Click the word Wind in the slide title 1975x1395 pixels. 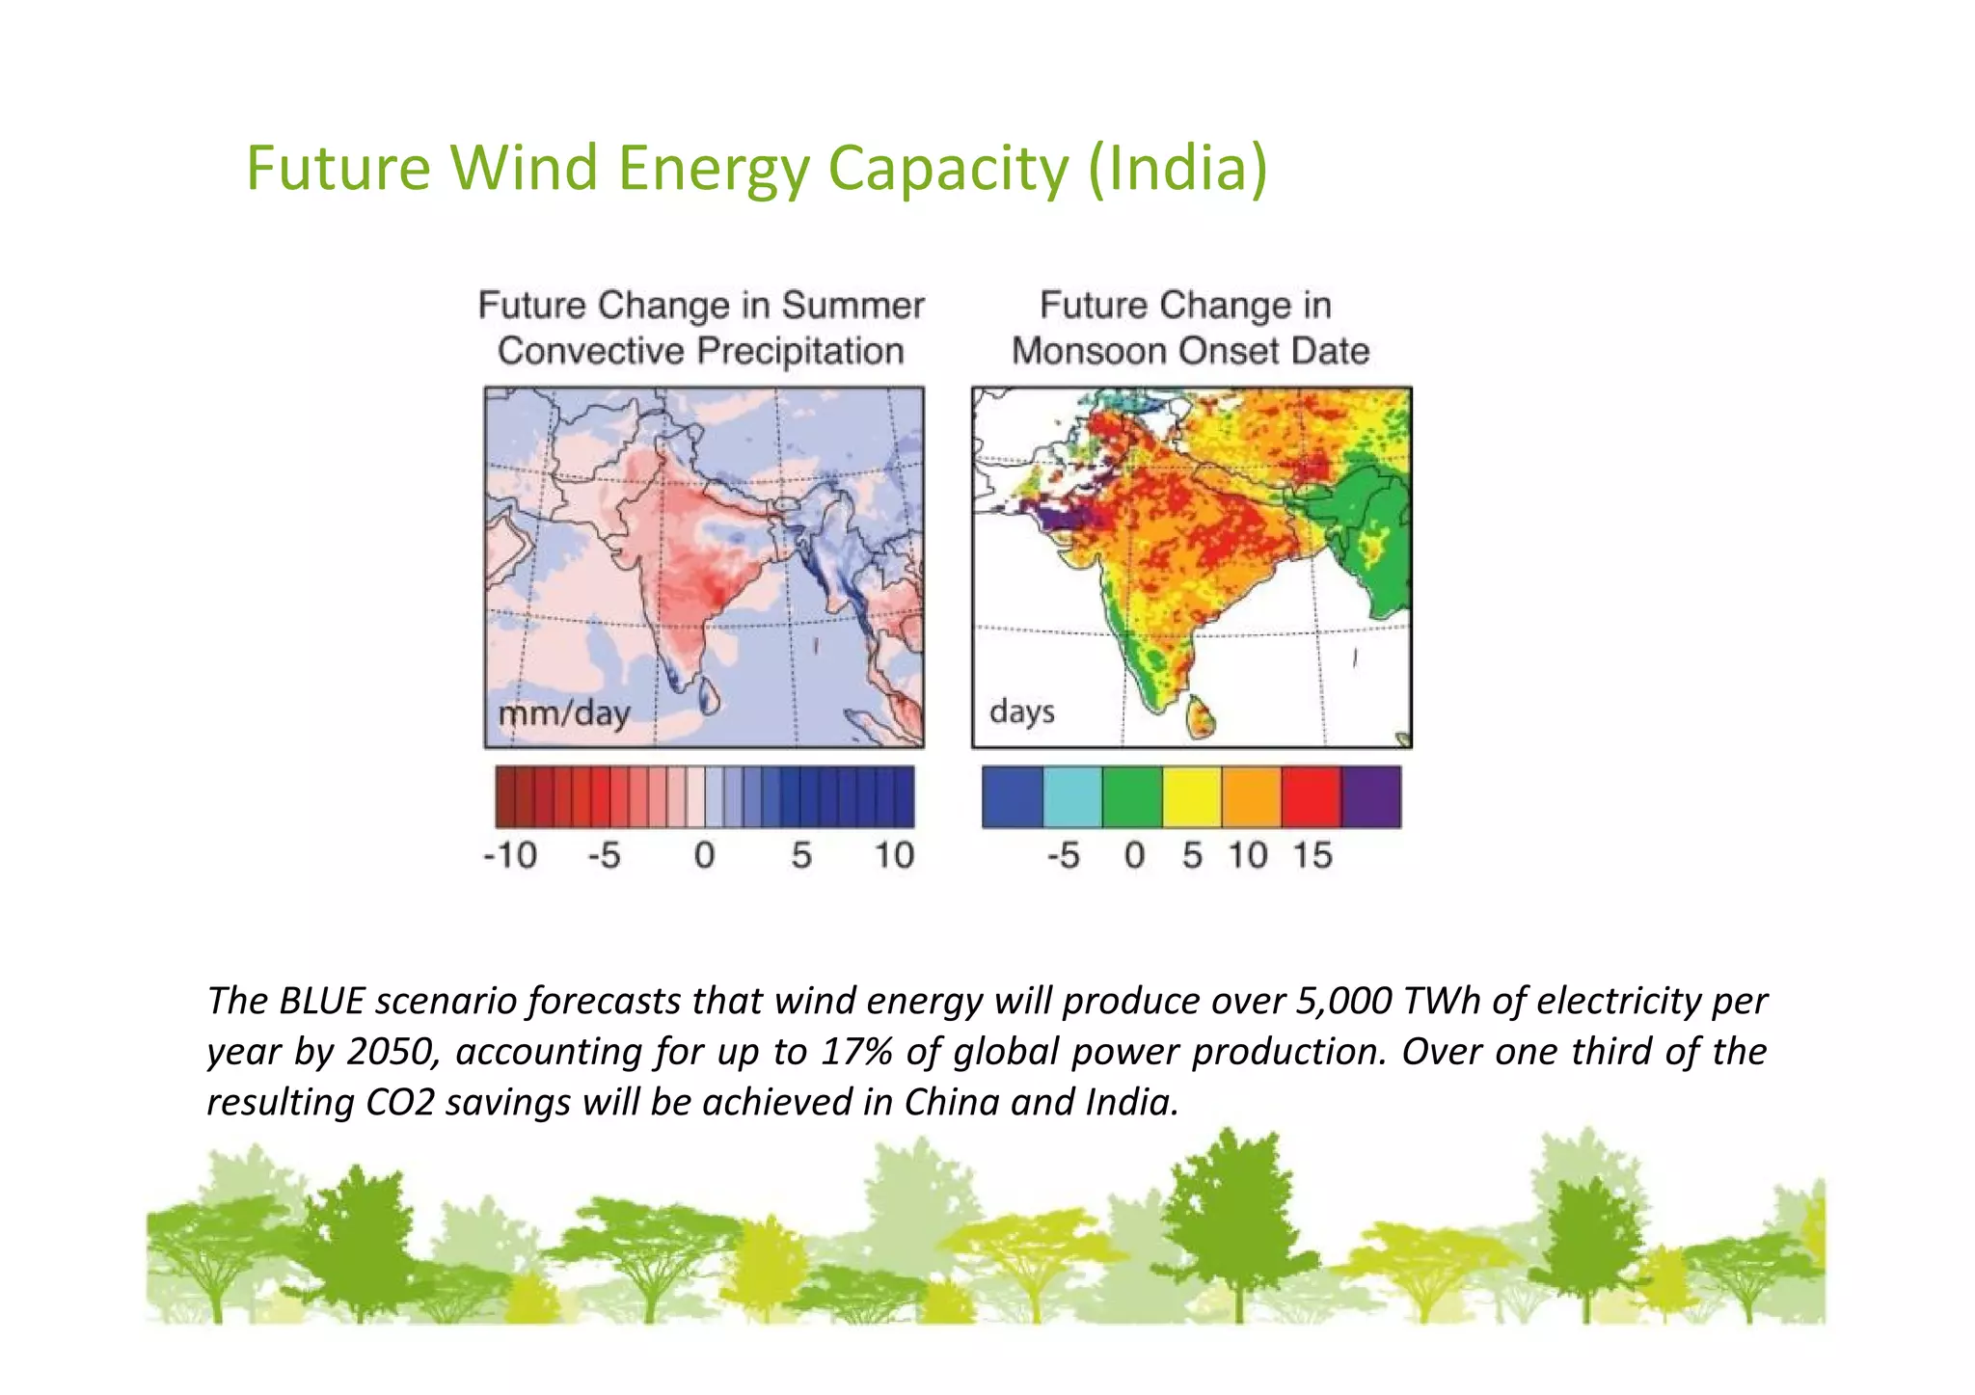[525, 168]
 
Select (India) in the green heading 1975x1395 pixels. [1177, 168]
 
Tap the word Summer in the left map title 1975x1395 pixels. [852, 306]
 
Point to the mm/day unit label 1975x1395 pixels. [563, 714]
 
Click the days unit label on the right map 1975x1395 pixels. [1021, 711]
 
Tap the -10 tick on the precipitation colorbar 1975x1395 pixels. [509, 855]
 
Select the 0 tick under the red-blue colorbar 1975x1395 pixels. [705, 855]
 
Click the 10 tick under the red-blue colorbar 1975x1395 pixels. [893, 855]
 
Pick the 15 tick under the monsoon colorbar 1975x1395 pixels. [1312, 855]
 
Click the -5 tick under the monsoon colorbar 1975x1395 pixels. [1063, 855]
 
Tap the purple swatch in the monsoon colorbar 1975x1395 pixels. [1370, 797]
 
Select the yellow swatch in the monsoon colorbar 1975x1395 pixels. [1192, 797]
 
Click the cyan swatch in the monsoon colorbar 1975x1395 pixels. [1072, 797]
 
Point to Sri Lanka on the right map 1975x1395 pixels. [1202, 717]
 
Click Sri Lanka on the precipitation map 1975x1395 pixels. [710, 695]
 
